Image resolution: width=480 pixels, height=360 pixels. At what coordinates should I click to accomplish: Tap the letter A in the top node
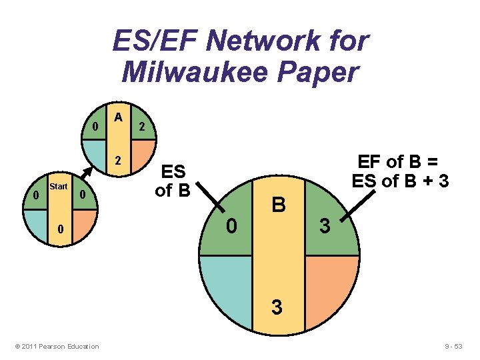tap(118, 117)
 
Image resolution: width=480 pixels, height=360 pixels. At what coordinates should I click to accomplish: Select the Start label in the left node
tap(58, 187)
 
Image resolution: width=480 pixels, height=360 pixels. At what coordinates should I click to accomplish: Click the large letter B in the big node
tap(279, 204)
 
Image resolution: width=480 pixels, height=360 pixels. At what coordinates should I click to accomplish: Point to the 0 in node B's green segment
tap(231, 227)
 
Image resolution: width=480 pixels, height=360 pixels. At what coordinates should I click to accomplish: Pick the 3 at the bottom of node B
tap(277, 308)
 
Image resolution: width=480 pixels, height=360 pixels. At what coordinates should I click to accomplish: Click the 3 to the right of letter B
tap(324, 227)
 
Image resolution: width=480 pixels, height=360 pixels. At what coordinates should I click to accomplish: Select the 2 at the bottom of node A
tap(118, 161)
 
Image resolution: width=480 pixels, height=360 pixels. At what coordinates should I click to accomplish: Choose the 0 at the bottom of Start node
tap(59, 230)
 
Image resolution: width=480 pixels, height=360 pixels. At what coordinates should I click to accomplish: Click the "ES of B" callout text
tap(173, 181)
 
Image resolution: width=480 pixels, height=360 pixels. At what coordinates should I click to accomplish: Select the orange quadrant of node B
tap(330, 287)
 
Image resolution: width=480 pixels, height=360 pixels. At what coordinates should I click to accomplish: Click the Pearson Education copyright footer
tap(57, 346)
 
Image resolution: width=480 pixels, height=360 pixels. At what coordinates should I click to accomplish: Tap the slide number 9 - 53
tap(457, 346)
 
